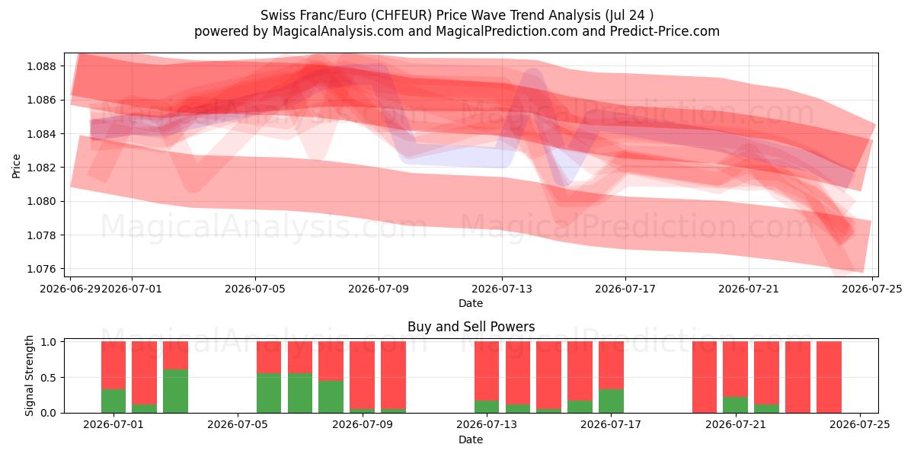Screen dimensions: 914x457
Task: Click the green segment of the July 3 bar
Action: (x=175, y=391)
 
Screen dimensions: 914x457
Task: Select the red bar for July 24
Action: (x=829, y=377)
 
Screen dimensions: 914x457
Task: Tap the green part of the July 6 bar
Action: (x=269, y=393)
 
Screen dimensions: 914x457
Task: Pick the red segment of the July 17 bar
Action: (x=611, y=365)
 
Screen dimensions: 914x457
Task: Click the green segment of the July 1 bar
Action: (x=113, y=401)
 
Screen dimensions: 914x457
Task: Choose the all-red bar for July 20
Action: (x=705, y=377)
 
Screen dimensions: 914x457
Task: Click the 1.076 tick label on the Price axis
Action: (x=41, y=269)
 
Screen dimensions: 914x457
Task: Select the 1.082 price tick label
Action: (x=41, y=168)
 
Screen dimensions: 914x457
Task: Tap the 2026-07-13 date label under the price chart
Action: (x=502, y=289)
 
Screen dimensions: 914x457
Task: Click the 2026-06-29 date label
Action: (x=70, y=289)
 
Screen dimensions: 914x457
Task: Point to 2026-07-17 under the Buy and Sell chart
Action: (x=611, y=424)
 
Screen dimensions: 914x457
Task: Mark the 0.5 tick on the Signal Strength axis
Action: (x=49, y=378)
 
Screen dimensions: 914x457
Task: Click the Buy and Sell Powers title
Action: (x=471, y=327)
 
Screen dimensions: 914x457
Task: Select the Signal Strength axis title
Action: (x=29, y=376)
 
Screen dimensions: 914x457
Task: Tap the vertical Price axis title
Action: (x=16, y=166)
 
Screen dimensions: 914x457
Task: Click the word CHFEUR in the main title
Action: (x=403, y=15)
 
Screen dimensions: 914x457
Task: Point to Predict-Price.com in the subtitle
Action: (x=665, y=31)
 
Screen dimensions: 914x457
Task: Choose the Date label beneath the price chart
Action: (x=471, y=303)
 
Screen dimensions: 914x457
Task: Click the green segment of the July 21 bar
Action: (x=735, y=404)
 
